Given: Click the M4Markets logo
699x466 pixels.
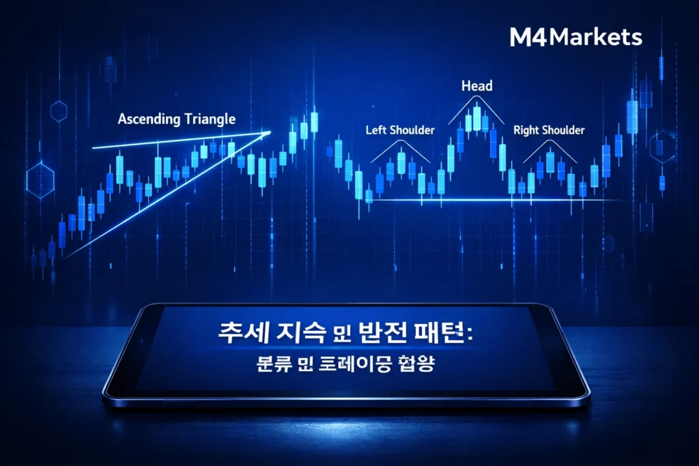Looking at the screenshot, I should pyautogui.click(x=575, y=37).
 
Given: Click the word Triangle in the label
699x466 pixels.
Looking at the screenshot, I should pyautogui.click(x=210, y=119).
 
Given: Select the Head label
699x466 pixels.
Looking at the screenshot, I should pyautogui.click(x=477, y=87).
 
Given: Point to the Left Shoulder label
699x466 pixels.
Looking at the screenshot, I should pyautogui.click(x=400, y=130).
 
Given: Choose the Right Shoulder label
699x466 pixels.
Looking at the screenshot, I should pyautogui.click(x=549, y=130).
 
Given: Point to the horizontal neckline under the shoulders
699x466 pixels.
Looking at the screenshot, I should pyautogui.click(x=491, y=199).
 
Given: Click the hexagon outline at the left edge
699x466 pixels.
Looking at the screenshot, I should pyautogui.click(x=40, y=181).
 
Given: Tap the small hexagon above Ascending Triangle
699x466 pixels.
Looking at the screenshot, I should pyautogui.click(x=59, y=111).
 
